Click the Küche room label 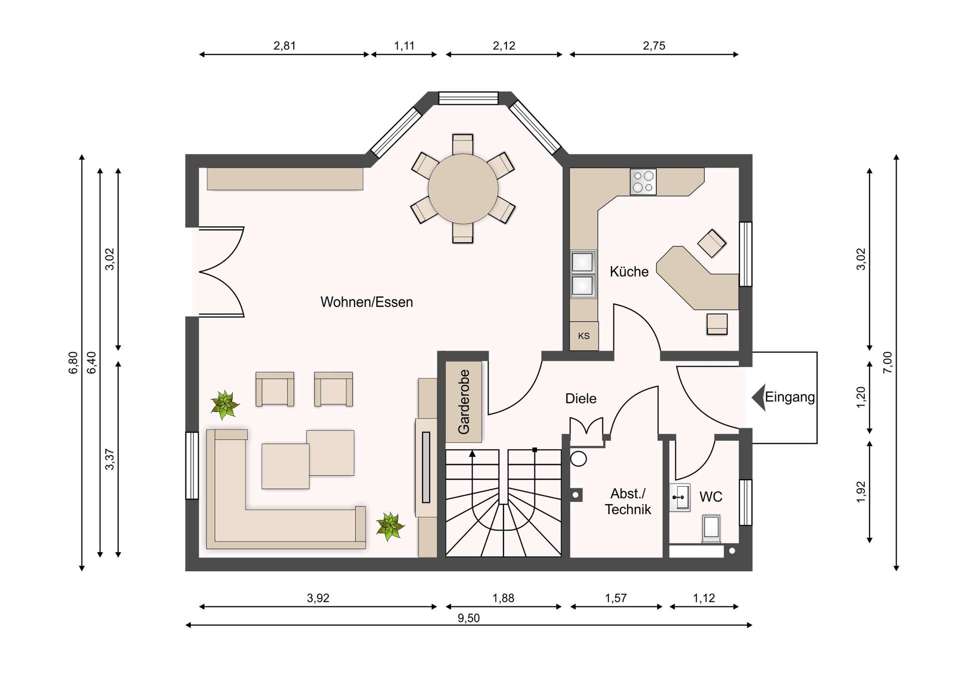pyautogui.click(x=629, y=272)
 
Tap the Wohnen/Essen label pyautogui.click(x=367, y=302)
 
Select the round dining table pyautogui.click(x=463, y=189)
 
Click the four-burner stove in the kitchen pyautogui.click(x=643, y=181)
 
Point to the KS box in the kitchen pyautogui.click(x=584, y=336)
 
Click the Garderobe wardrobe pyautogui.click(x=464, y=402)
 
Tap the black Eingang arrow pyautogui.click(x=759, y=398)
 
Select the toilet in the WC pyautogui.click(x=711, y=528)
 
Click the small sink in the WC pyautogui.click(x=680, y=498)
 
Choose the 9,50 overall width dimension pyautogui.click(x=469, y=619)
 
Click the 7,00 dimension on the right pyautogui.click(x=888, y=363)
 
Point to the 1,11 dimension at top pyautogui.click(x=404, y=46)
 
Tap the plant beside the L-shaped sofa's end pyautogui.click(x=390, y=526)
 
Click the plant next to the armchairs pyautogui.click(x=225, y=404)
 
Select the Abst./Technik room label pyautogui.click(x=628, y=502)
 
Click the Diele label pyautogui.click(x=580, y=399)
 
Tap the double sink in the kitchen pyautogui.click(x=583, y=274)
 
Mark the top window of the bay pyautogui.click(x=468, y=98)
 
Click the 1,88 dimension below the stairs pyautogui.click(x=503, y=598)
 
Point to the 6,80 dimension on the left pyautogui.click(x=73, y=363)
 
